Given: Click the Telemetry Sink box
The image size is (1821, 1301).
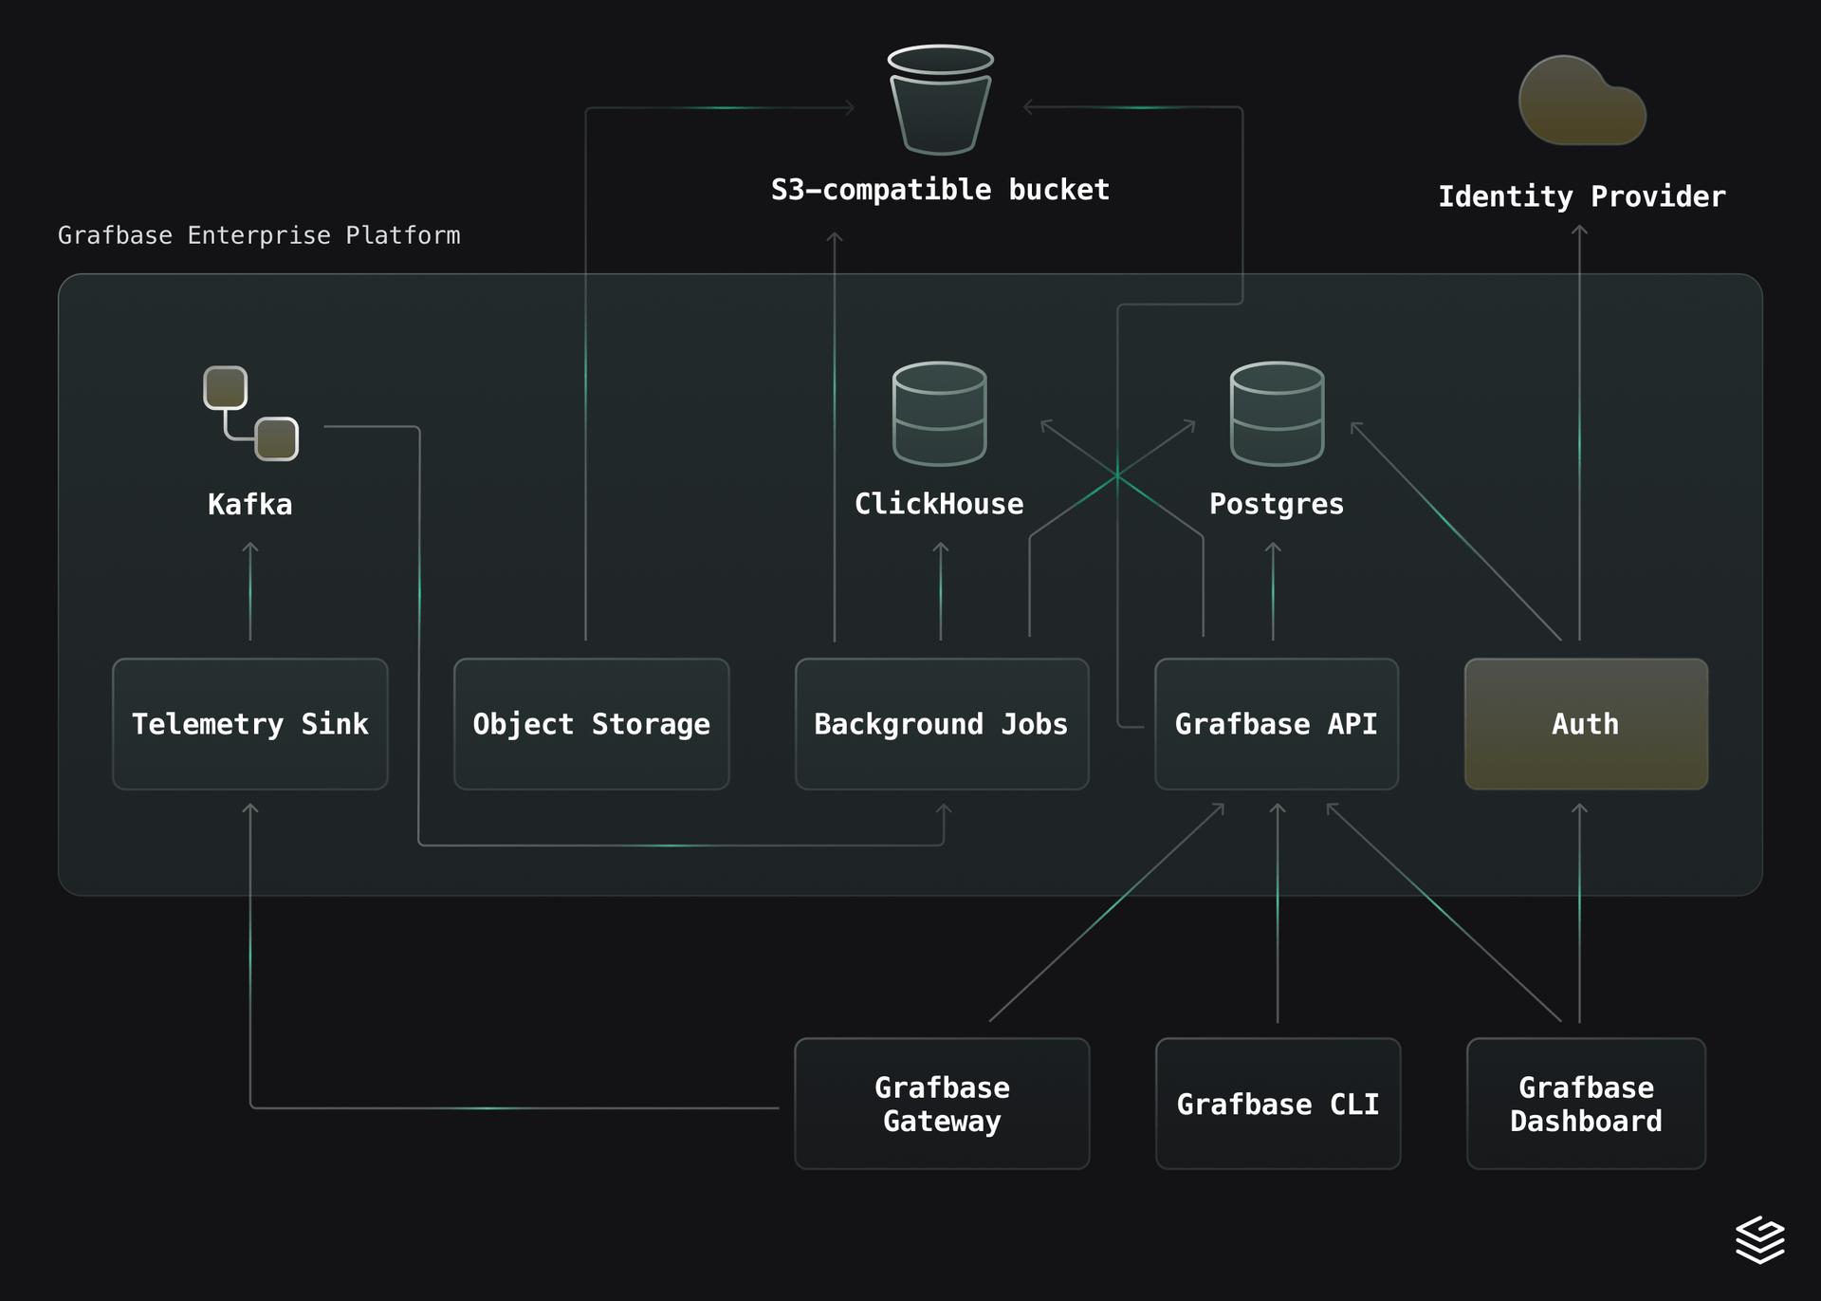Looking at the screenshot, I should [249, 724].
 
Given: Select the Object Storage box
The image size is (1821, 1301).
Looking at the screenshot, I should [591, 724].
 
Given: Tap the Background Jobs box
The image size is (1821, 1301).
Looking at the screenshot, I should [941, 724].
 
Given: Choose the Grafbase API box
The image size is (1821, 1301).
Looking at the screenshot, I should [1276, 724].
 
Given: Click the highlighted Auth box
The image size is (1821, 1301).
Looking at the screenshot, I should [1585, 724].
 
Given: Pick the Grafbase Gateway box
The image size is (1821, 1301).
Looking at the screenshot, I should [941, 1104].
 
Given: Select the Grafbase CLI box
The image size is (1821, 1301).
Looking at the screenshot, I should [1277, 1104].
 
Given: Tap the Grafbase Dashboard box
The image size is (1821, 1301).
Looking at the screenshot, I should [1585, 1104].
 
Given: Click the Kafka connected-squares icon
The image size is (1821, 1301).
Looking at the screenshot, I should [251, 414].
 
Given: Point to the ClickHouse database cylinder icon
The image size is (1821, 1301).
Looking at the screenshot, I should [939, 414].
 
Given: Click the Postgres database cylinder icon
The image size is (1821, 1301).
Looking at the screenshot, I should [1277, 414].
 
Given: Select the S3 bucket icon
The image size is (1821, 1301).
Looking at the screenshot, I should [940, 101].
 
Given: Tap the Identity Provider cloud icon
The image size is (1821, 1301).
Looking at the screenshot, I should [1581, 102].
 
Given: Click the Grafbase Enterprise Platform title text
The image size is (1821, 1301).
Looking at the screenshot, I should [259, 235].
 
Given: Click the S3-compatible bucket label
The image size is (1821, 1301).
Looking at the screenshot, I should [939, 190].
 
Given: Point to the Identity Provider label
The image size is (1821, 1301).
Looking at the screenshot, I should [1581, 196].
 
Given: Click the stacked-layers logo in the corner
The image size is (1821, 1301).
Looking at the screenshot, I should [1759, 1239].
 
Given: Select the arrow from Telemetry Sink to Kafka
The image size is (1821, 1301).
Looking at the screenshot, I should [250, 593].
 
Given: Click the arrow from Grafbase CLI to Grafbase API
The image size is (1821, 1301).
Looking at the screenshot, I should [1278, 911].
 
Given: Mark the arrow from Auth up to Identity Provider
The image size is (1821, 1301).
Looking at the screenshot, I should [1579, 427].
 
